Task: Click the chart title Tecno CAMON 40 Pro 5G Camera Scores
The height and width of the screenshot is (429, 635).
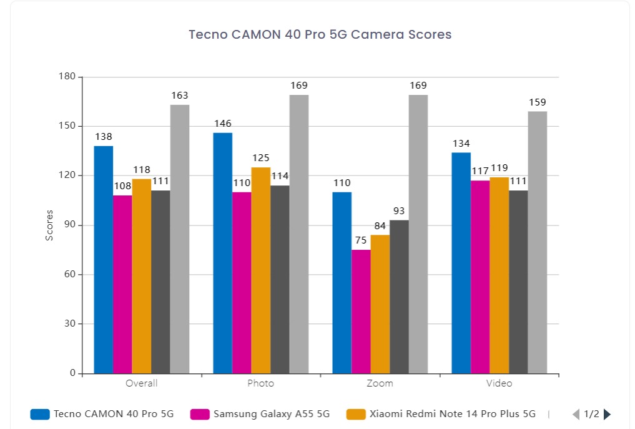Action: (x=320, y=35)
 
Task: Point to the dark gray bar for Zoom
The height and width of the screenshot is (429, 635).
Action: (x=399, y=297)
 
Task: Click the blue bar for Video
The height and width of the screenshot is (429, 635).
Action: (x=461, y=262)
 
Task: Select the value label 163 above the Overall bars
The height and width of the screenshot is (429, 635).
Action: (x=180, y=96)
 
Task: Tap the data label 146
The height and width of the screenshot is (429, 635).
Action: (x=222, y=124)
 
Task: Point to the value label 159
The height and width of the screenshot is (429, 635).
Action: (x=537, y=102)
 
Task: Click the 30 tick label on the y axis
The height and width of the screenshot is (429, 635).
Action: (x=69, y=324)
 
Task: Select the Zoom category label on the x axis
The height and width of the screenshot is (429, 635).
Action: (x=380, y=383)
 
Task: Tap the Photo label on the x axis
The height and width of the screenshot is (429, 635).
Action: (x=260, y=383)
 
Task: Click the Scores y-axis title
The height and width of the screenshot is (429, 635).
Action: (x=49, y=225)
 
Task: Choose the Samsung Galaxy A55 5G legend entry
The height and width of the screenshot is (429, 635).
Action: (x=271, y=414)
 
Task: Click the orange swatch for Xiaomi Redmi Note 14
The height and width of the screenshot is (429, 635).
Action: (x=357, y=414)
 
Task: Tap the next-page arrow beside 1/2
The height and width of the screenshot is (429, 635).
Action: (x=607, y=414)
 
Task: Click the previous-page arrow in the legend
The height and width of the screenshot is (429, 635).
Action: (x=576, y=414)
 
